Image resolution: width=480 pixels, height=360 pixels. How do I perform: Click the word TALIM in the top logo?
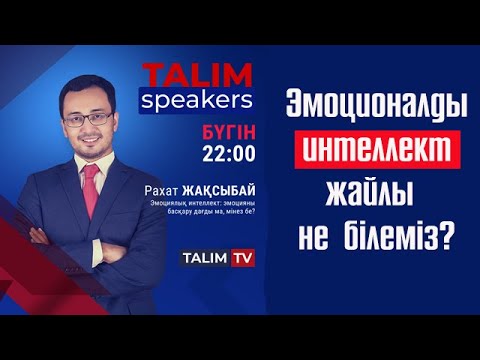point(186,75)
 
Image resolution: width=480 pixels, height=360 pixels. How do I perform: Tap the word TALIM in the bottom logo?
point(204,258)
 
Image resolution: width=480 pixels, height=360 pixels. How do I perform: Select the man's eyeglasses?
point(87,117)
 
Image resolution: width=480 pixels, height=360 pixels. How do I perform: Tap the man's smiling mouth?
point(89,141)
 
